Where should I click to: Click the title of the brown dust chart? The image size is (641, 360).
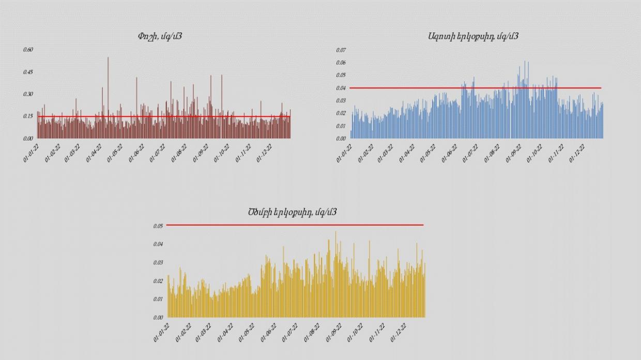[159, 36]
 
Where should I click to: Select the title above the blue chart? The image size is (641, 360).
[473, 36]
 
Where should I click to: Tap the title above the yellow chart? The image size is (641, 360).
[293, 212]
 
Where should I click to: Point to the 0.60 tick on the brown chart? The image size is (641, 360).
[28, 50]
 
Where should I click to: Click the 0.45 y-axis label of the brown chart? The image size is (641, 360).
[28, 72]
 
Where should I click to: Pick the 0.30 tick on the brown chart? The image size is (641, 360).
[28, 94]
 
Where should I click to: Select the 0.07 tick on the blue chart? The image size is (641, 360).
[341, 50]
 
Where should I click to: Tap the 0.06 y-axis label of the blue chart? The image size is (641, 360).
[341, 62]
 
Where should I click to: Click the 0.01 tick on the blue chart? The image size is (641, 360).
[341, 126]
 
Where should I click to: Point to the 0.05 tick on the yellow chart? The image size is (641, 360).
[158, 226]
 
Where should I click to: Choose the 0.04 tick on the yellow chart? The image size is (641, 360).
[158, 244]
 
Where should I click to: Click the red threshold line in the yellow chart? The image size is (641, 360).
[295, 225]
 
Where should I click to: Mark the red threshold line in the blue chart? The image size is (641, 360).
[476, 88]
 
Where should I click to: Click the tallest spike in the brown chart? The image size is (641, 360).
[108, 58]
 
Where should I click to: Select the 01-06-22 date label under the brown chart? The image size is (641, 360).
[137, 153]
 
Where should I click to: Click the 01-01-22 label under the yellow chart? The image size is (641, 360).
[162, 332]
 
